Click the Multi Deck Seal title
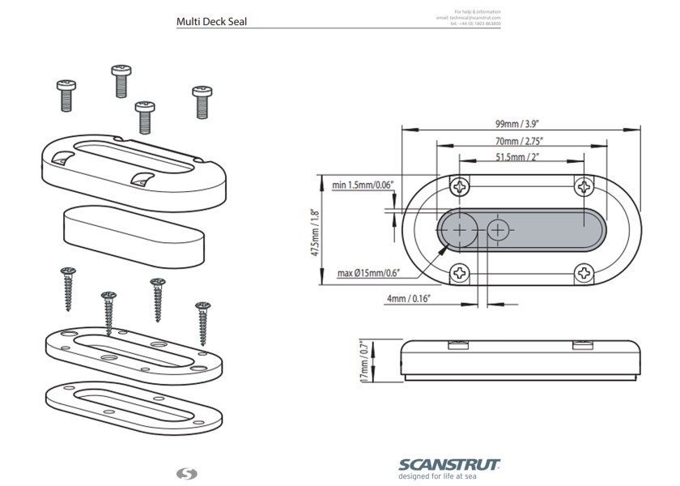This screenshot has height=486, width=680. coord(211,22)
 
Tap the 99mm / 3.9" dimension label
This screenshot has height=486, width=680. coord(517,125)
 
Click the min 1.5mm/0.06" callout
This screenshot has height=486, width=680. coord(363,185)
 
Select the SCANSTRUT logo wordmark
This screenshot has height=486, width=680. coord(448,464)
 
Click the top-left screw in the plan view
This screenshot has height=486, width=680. coord(461,187)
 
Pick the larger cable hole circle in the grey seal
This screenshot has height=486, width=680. coord(460,231)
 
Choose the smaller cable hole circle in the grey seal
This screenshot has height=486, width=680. coord(497,231)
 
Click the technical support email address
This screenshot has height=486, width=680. coord(469,17)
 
